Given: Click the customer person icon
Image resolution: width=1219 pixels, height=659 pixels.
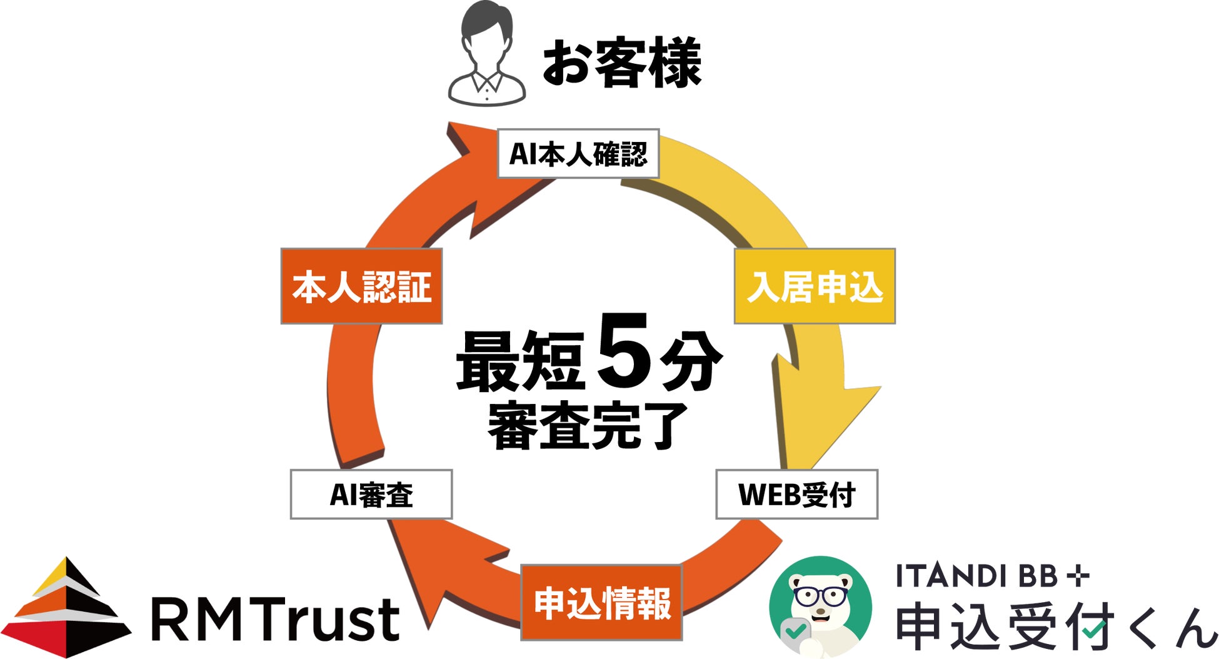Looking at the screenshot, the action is coord(487,55).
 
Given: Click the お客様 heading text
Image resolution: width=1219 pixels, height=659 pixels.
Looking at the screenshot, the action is coord(622,63).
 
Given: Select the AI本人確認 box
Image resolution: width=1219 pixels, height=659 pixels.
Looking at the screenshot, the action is coord(578,154).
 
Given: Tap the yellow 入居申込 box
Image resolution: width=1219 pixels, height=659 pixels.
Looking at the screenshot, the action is coord(815,286).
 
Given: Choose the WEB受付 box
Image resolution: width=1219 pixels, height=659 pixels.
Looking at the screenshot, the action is coord(796,495).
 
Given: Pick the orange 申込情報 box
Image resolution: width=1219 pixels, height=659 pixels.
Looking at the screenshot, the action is coord(601,603).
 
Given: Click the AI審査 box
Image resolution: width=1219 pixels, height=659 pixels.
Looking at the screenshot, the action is coord(371,495).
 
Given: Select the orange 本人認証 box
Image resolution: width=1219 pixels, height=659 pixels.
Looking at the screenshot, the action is coord(361,286).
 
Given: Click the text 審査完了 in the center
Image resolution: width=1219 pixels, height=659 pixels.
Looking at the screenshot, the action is coord(588,427).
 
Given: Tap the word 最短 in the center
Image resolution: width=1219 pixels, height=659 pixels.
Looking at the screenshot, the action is coord(521,361).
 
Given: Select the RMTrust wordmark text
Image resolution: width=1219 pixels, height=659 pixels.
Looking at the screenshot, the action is coord(275,620).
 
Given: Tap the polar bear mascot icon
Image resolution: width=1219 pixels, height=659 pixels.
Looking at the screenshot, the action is coord(820,606).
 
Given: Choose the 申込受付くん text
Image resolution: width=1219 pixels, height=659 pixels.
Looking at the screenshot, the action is coord(1056,626).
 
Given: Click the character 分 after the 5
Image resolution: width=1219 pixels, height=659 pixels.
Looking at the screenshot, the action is coord(691,361).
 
